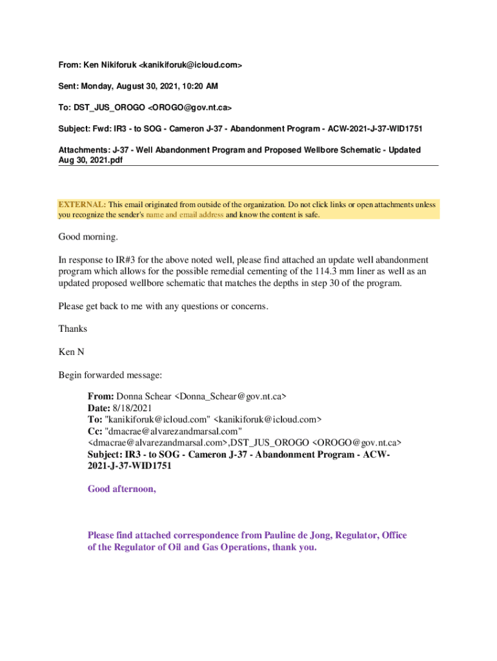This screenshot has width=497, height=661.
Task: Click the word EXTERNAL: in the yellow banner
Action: tap(82, 205)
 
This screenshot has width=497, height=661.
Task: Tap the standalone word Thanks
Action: tap(73, 329)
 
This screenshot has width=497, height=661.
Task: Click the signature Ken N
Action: tap(71, 352)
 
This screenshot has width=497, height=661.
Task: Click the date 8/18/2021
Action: tap(132, 407)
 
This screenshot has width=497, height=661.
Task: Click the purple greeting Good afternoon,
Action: tap(122, 489)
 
